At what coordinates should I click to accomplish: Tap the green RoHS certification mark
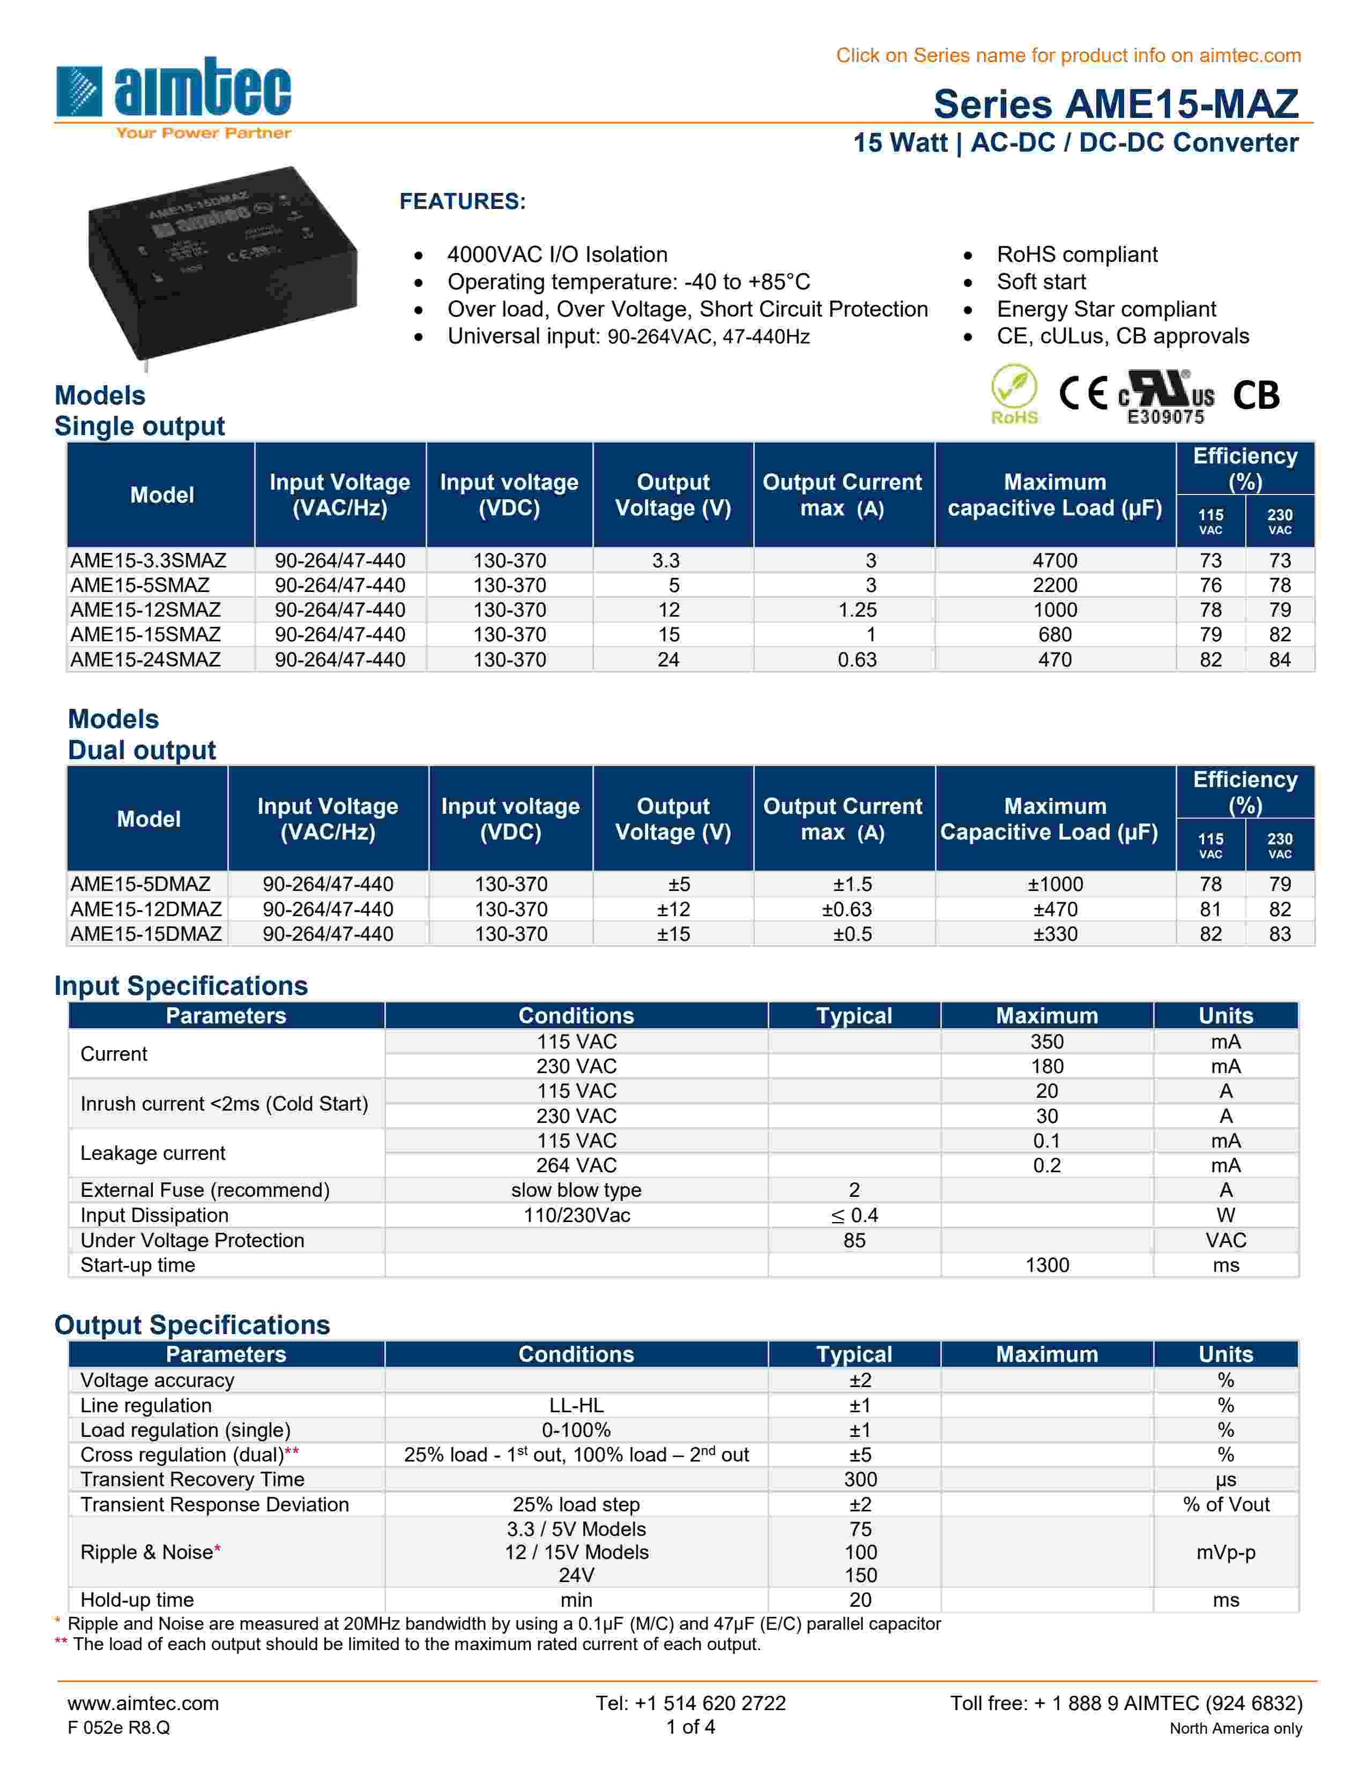(1014, 394)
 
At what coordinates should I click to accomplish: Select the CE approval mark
(1083, 394)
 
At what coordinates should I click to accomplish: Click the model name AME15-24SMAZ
(146, 660)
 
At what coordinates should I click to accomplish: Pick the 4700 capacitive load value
(1054, 560)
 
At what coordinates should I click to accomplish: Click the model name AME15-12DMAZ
(146, 909)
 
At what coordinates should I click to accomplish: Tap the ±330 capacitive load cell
(1054, 934)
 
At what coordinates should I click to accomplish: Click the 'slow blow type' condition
(576, 1190)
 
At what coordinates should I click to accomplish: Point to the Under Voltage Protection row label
(192, 1240)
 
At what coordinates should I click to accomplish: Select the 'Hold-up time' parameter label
(137, 1600)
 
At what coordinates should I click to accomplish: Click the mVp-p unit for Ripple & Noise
(1225, 1552)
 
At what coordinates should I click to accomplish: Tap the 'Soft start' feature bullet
(1041, 282)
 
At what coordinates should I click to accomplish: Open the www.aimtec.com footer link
(143, 1703)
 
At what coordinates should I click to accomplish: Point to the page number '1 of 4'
(690, 1727)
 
